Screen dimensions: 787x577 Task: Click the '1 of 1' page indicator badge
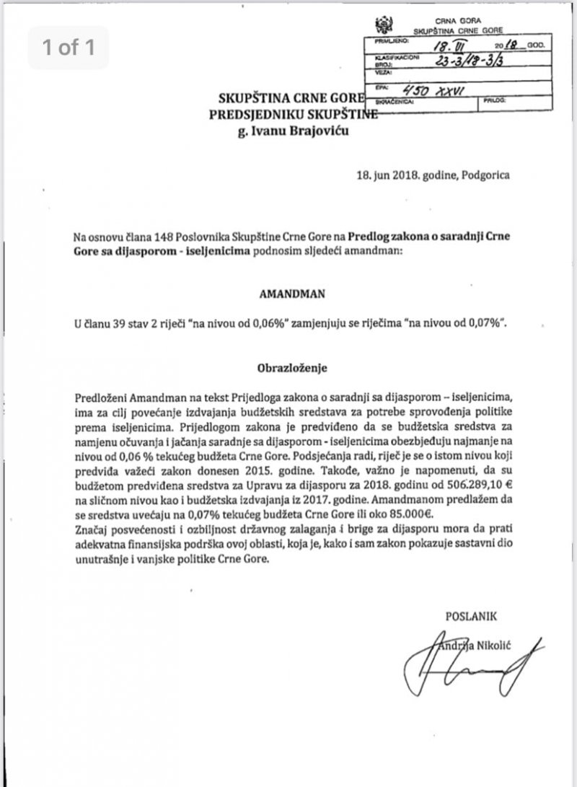click(69, 48)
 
